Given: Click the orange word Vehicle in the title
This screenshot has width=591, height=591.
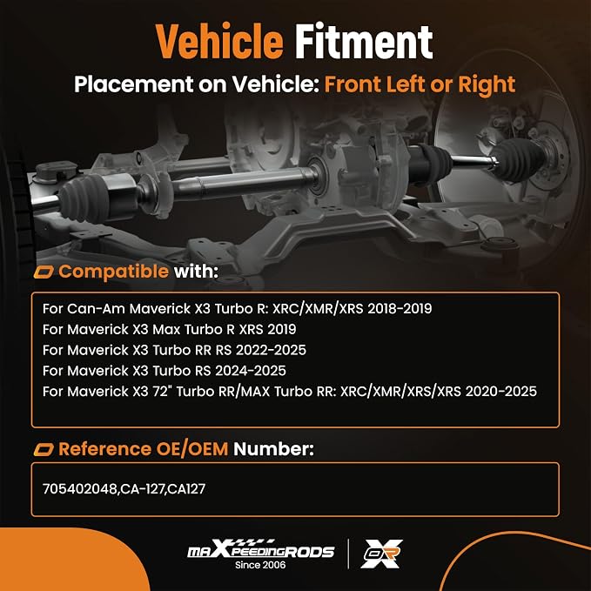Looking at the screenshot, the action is [x=219, y=41].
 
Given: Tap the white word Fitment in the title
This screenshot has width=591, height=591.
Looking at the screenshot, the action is [x=364, y=41].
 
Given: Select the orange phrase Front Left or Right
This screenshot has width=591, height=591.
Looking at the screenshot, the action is [x=420, y=84].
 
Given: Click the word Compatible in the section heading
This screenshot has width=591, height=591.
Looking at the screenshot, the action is [x=113, y=272].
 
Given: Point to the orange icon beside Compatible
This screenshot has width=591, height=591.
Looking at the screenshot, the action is [x=44, y=272].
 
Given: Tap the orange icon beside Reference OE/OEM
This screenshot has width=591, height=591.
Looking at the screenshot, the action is [x=44, y=450].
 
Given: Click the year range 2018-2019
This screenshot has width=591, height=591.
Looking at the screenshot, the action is [x=400, y=309].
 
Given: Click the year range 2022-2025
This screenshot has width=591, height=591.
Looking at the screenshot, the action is [x=271, y=350].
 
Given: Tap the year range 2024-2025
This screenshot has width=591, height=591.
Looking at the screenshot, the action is [x=251, y=371].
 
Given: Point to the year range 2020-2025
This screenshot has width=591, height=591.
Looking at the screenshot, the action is [x=501, y=392].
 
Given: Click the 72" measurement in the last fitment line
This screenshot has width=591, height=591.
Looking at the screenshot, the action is [x=163, y=392].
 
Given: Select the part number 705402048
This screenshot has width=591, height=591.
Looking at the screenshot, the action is [x=80, y=489].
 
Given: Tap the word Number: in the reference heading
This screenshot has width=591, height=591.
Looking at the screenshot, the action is [x=273, y=449].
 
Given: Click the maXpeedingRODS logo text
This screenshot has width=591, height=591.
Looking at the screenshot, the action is [x=261, y=549].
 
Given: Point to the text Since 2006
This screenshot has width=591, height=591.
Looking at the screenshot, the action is [x=260, y=565].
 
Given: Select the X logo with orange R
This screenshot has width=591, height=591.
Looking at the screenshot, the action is [x=382, y=554].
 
